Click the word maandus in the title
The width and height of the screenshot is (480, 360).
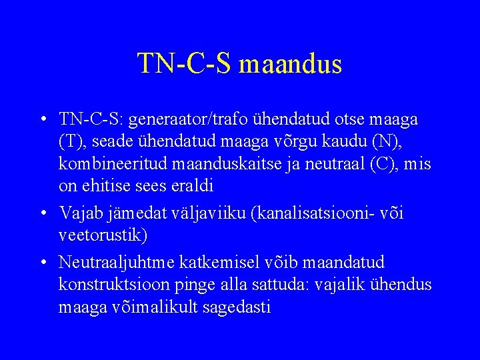pyautogui.click(x=290, y=64)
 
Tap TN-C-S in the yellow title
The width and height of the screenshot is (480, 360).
pyautogui.click(x=185, y=64)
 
